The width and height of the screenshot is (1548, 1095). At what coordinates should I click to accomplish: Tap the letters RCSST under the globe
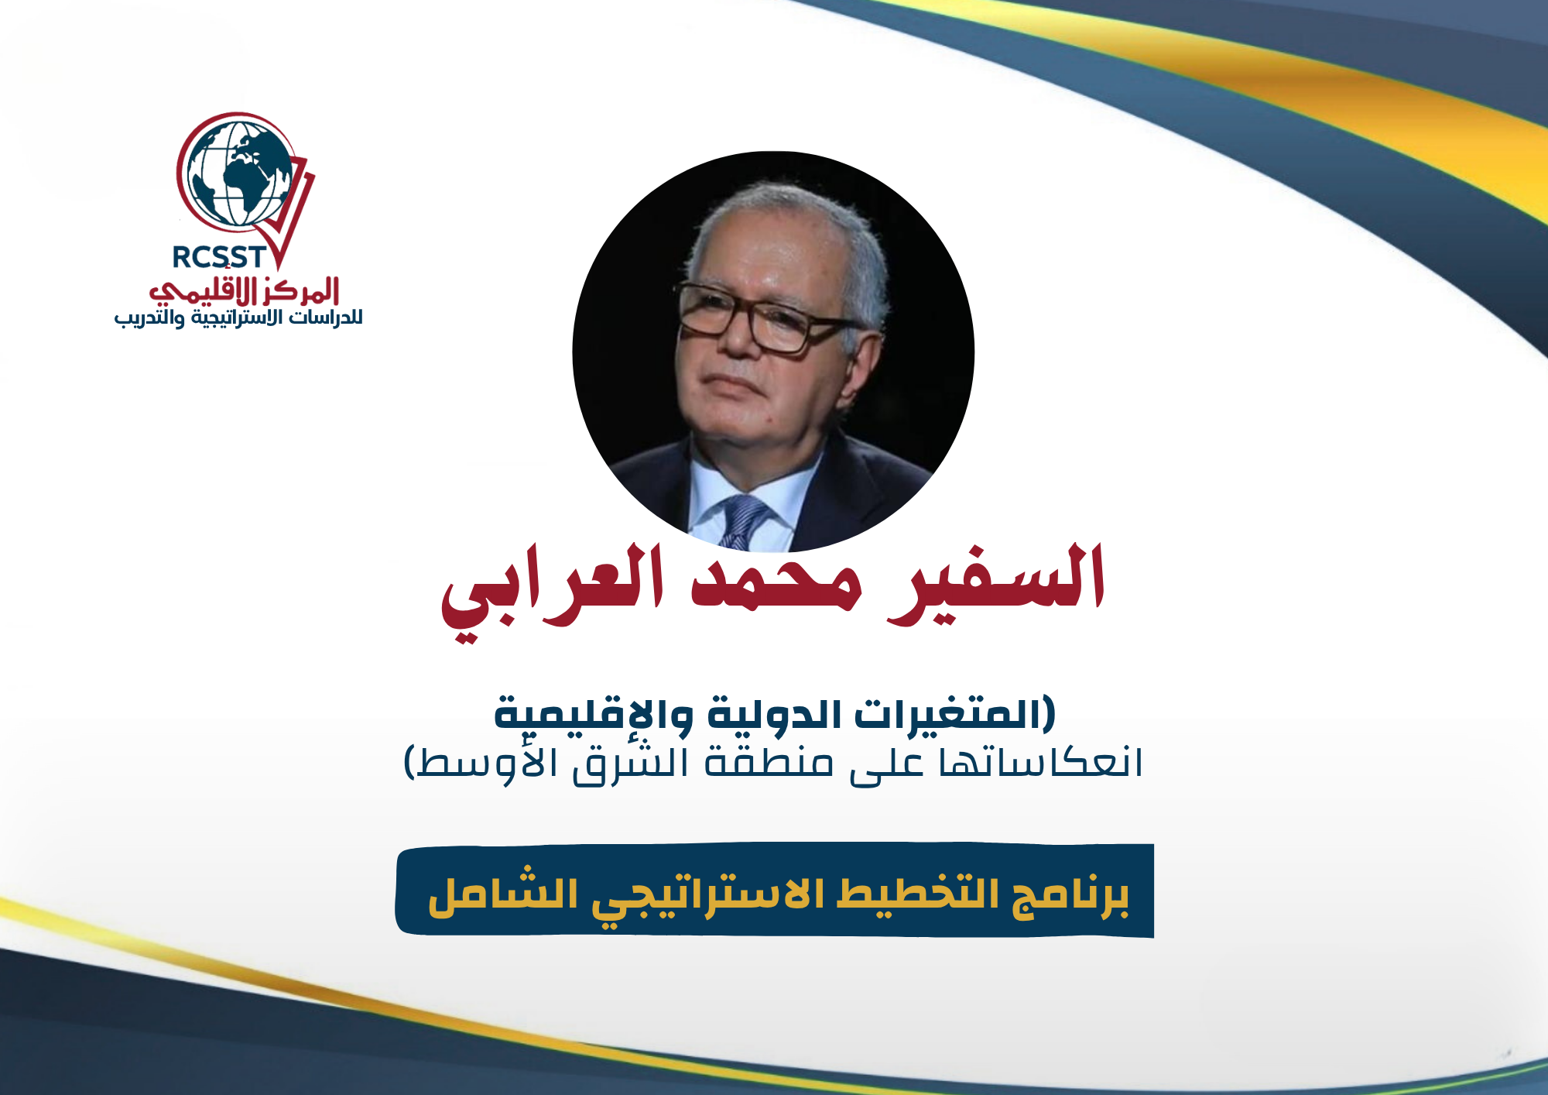[x=219, y=257]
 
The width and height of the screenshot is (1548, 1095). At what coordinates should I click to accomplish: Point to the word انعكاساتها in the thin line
[x=1041, y=763]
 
